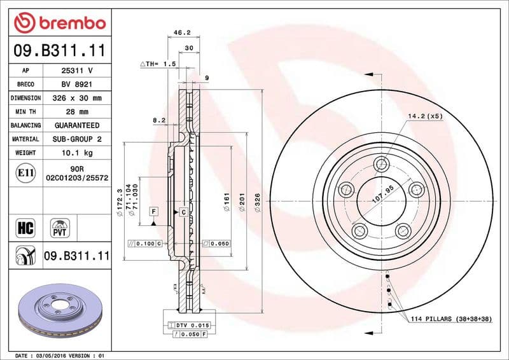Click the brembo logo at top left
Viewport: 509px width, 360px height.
(59, 24)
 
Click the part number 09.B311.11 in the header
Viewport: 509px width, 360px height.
(59, 50)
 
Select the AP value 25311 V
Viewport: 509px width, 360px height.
(77, 70)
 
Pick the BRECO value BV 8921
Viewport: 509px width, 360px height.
(77, 84)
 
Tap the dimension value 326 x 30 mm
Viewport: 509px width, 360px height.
(77, 98)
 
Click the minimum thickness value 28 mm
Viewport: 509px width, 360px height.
(77, 112)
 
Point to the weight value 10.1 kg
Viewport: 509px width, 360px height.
(77, 153)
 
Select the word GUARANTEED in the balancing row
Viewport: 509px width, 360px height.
(77, 125)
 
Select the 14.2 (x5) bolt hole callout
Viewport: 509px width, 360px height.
(424, 116)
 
